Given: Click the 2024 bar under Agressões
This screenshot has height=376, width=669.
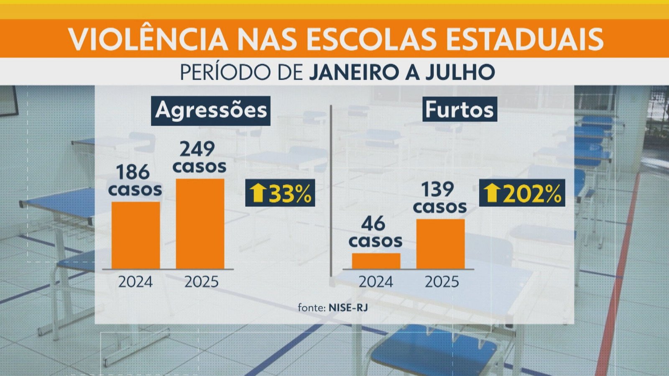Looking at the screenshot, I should coord(135,235).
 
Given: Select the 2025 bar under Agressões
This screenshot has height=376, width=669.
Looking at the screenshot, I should coord(200,224).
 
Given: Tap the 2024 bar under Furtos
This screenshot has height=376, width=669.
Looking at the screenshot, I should coord(376,261).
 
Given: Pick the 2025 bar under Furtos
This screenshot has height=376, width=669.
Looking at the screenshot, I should coord(440,244).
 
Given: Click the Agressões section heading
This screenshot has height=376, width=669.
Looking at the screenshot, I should coord(211,111).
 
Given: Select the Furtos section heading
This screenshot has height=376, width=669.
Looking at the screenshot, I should coord(460,109).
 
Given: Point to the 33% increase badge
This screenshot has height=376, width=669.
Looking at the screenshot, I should coord(280,193).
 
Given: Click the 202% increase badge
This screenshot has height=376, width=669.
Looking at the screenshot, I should coord(522,193).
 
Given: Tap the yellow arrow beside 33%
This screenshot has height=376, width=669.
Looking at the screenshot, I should coord(258,193).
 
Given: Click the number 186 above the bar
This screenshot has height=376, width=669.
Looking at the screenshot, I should coord(133,172).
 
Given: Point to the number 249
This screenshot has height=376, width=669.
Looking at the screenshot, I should coord(197,149).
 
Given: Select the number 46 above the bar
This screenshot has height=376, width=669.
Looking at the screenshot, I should coord(373,224).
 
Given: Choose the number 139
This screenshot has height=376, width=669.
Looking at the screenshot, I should coord(437,189).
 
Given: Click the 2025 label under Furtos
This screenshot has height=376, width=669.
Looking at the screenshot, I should coord(442,282).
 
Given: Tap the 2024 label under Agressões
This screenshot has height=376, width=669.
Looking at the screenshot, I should coord(135,282).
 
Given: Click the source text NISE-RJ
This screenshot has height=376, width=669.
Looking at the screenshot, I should coord(348,308).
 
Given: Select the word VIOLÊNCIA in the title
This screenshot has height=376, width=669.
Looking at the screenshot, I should coord(148,39).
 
